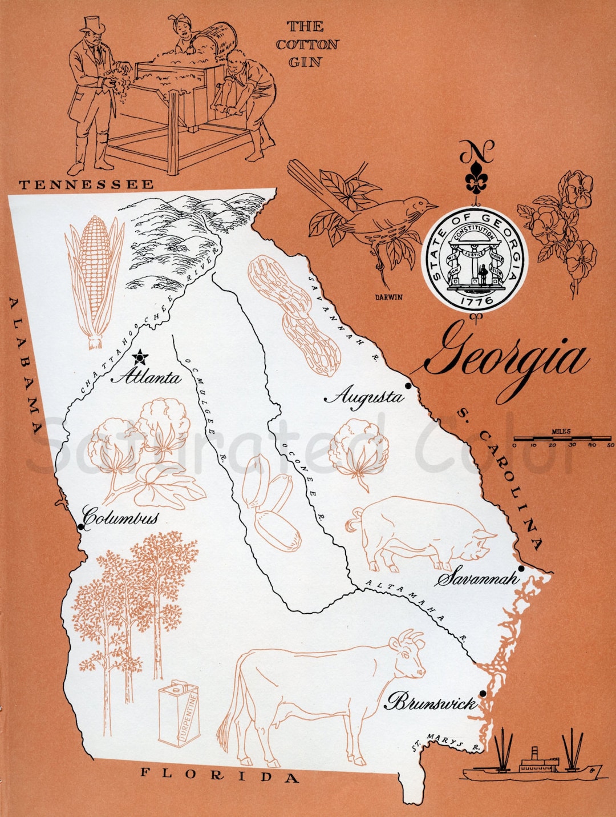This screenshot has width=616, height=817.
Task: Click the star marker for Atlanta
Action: pyautogui.click(x=140, y=358)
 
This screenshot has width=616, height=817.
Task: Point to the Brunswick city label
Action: pyautogui.click(x=432, y=702)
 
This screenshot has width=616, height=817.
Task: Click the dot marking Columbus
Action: pyautogui.click(x=81, y=527)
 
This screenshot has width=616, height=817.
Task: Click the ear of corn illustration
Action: pyautogui.click(x=95, y=280)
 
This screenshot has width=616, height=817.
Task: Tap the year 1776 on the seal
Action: pyautogui.click(x=475, y=300)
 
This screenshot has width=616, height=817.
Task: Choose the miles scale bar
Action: pyautogui.click(x=562, y=438)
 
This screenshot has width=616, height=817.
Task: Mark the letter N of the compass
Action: pyautogui.click(x=477, y=151)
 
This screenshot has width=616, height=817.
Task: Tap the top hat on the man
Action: pyautogui.click(x=92, y=24)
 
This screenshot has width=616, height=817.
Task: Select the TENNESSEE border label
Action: pyautogui.click(x=86, y=184)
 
